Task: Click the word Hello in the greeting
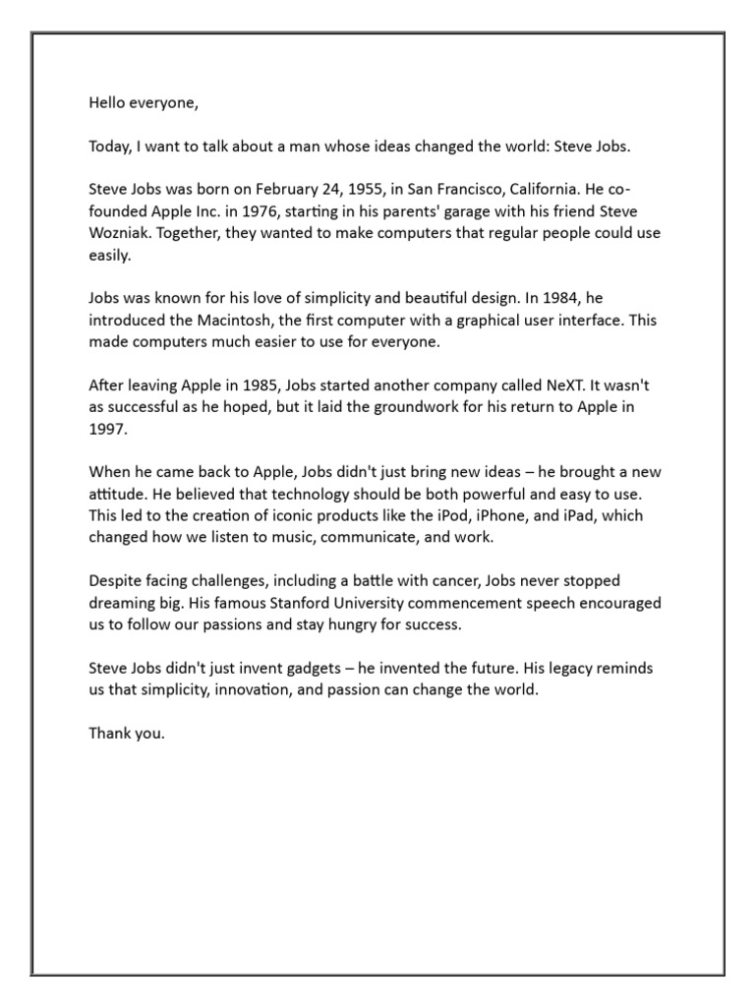(x=108, y=101)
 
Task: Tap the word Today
(x=110, y=147)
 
